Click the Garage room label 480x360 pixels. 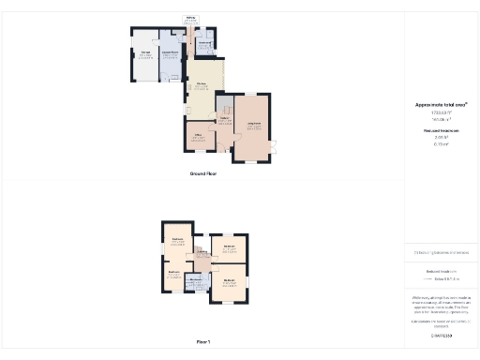point(145,54)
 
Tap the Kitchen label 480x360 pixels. point(201,84)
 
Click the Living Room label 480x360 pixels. point(253,125)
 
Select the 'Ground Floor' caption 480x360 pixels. point(203,174)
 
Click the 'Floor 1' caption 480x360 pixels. point(203,342)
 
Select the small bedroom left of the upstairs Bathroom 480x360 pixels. point(174,277)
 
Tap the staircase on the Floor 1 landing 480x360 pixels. point(200,252)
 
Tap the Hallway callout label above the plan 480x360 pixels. point(190,18)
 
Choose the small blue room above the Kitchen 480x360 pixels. point(204,43)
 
